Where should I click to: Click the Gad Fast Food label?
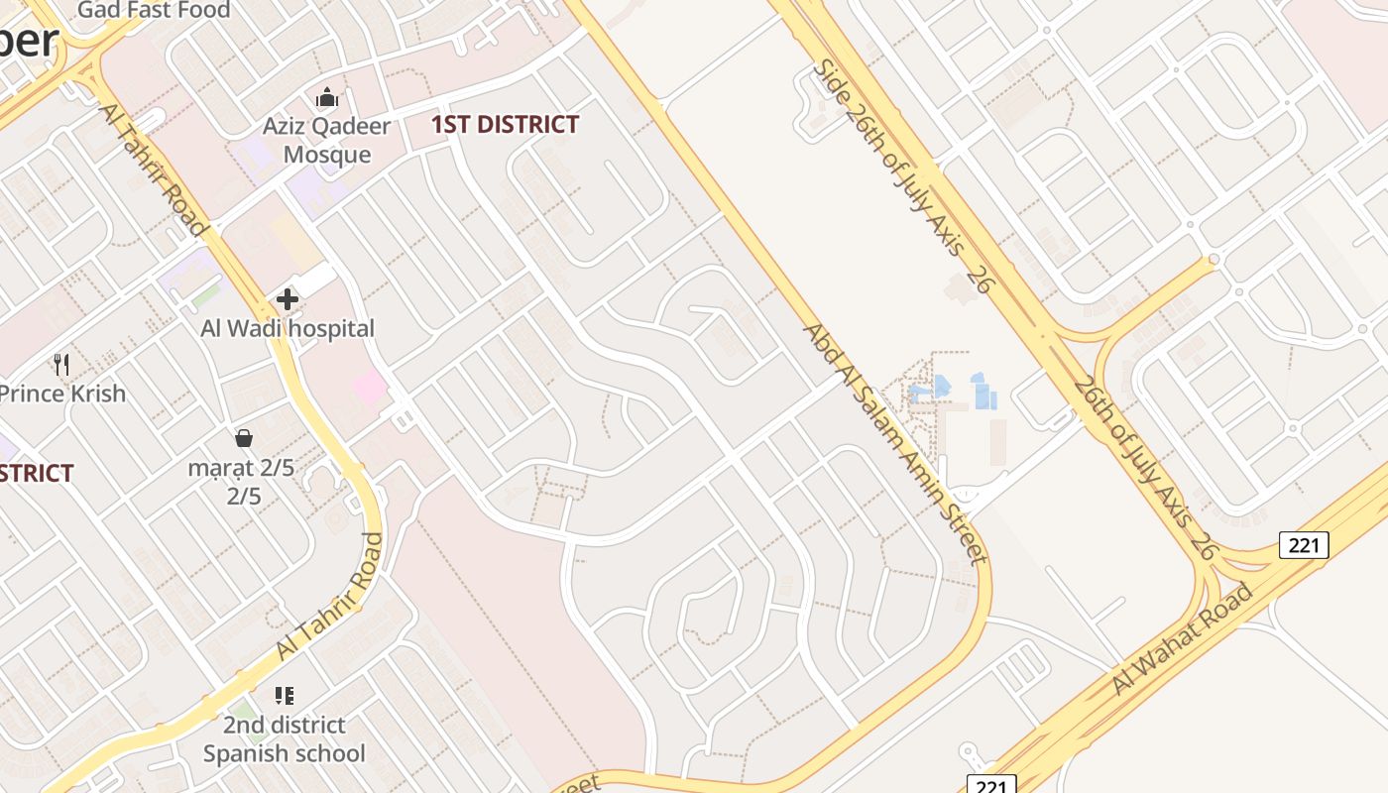tap(153, 10)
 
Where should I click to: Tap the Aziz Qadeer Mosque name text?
tap(326, 141)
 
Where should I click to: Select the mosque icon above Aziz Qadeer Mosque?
tap(327, 98)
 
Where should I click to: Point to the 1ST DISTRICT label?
tap(506, 125)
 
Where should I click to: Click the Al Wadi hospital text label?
tap(288, 329)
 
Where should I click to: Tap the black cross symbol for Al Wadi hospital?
tap(288, 298)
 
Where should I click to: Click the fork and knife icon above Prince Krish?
tap(62, 364)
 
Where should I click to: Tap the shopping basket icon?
tap(244, 437)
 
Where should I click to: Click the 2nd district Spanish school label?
tap(285, 739)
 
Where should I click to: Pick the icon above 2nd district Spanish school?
tap(285, 696)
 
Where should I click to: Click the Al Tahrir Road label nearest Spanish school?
tap(330, 597)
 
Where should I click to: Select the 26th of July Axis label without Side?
tap(1143, 468)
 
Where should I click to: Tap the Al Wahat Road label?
tap(1182, 639)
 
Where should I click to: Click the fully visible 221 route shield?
tap(1303, 544)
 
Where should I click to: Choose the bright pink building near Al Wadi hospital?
tap(369, 388)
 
